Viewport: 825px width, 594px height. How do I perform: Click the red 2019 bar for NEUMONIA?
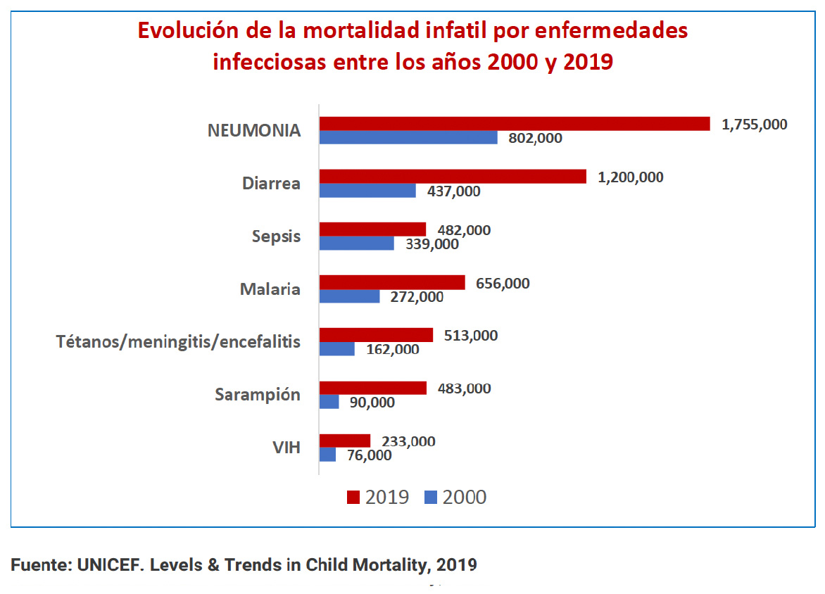514,124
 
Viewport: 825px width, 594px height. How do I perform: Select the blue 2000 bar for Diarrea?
367,191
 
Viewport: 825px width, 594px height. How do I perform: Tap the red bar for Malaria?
392,282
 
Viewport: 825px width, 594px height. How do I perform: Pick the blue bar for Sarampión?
329,402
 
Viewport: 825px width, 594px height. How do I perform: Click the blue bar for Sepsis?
356,244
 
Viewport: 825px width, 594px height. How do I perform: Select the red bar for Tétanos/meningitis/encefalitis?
376,335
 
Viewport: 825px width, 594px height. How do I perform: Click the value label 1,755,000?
755,125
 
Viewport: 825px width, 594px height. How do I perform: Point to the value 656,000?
503,284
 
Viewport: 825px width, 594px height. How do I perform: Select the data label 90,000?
372,403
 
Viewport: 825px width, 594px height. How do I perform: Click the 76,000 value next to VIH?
368,455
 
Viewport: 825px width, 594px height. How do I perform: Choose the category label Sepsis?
276,236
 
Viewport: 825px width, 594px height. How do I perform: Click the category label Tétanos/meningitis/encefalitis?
178,342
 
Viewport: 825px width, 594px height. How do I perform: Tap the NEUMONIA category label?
253,130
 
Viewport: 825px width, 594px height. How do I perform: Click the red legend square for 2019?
353,498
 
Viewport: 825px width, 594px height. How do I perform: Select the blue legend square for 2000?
432,498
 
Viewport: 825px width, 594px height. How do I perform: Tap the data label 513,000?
470,336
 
